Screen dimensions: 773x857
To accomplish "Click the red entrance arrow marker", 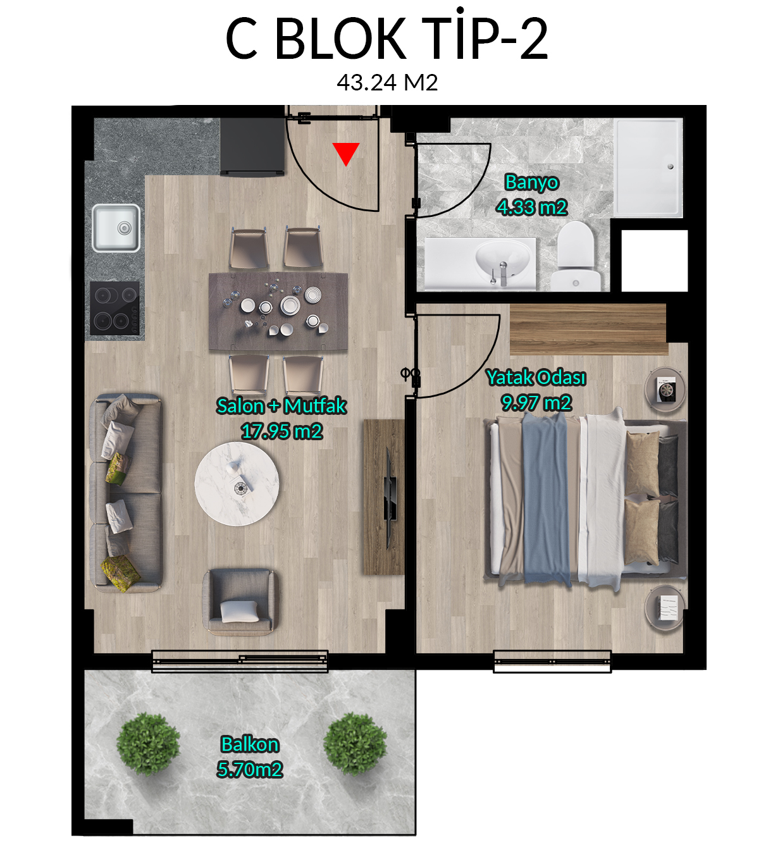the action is pyautogui.click(x=345, y=154).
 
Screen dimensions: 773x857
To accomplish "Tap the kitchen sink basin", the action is pyautogui.click(x=116, y=228).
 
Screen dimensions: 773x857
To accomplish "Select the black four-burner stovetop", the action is pyautogui.click(x=115, y=307).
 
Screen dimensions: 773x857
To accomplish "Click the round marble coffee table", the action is pyautogui.click(x=237, y=484).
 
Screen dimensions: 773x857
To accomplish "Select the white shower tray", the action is pyautogui.click(x=648, y=168).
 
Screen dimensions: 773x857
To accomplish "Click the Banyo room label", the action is pyautogui.click(x=531, y=182).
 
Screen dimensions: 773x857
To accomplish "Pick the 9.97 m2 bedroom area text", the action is pyautogui.click(x=536, y=403).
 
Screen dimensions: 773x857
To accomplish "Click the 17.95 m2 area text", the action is pyautogui.click(x=281, y=431).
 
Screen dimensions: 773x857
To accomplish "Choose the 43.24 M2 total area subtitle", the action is pyautogui.click(x=387, y=82).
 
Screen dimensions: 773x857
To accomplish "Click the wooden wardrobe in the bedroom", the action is pyautogui.click(x=589, y=330).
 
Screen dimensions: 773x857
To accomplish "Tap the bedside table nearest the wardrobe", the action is pyautogui.click(x=665, y=389).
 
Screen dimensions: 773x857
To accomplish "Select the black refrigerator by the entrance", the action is pyautogui.click(x=252, y=147).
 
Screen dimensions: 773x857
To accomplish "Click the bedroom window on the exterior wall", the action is pyautogui.click(x=552, y=662).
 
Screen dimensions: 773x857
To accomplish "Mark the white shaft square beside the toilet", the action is pyautogui.click(x=655, y=261).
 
